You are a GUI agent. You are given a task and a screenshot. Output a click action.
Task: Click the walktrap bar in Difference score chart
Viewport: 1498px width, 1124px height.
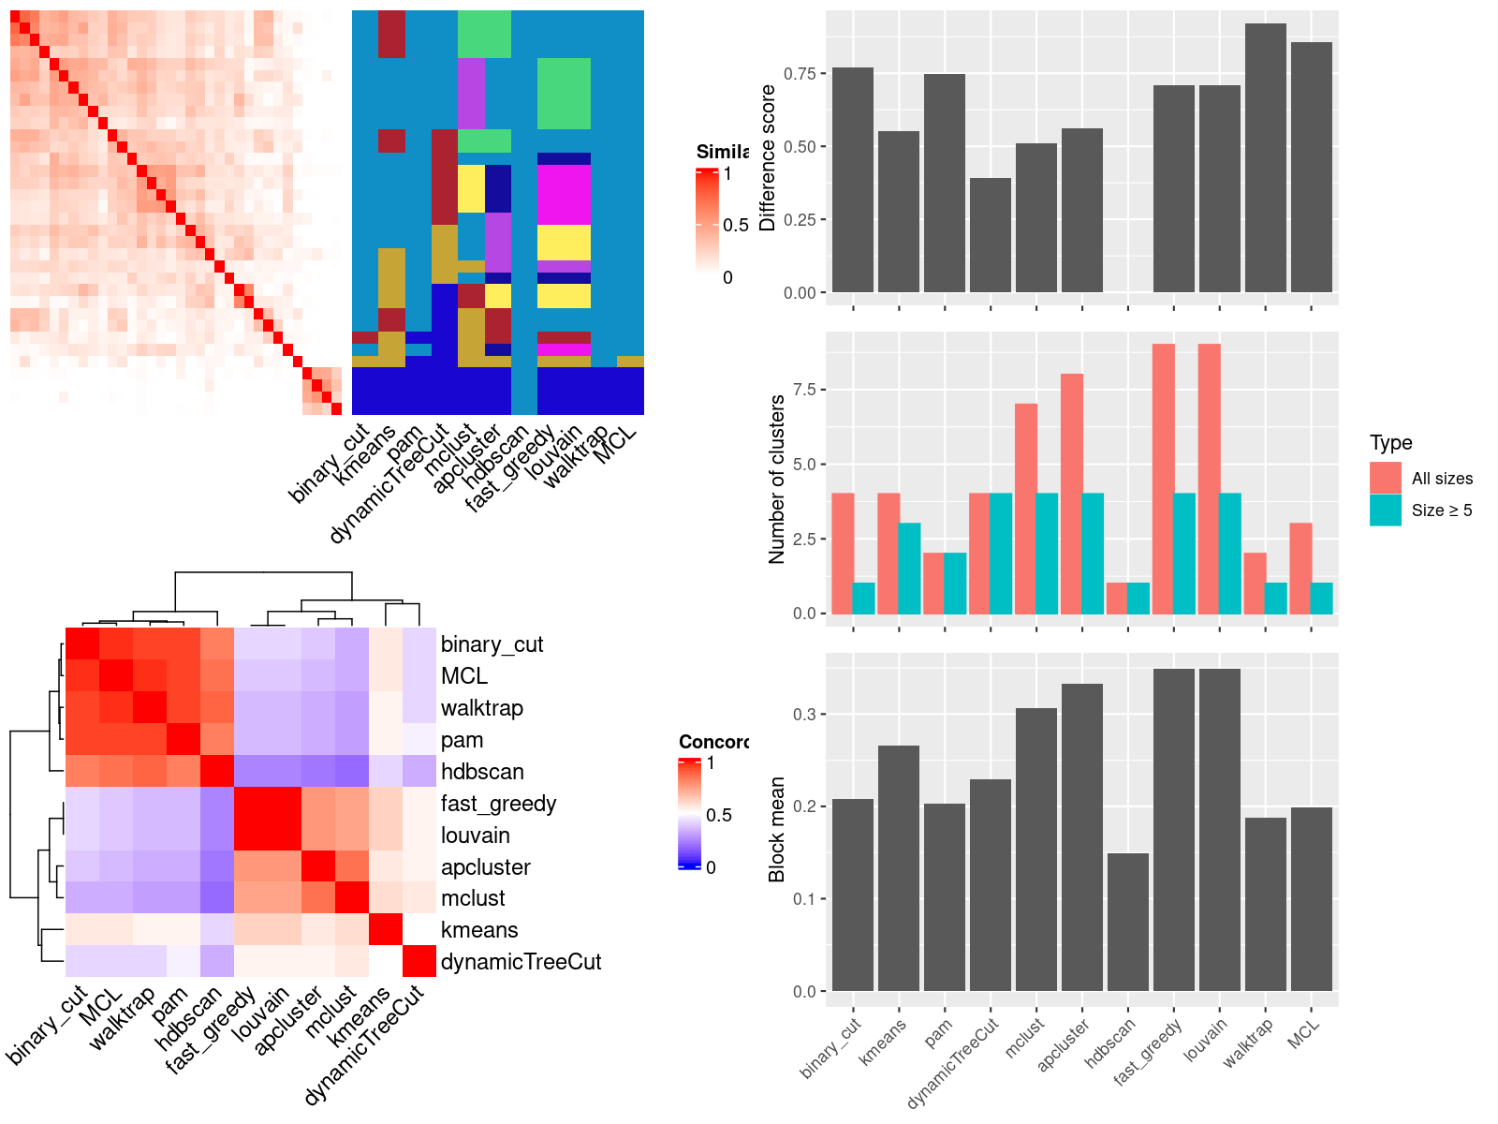pyautogui.click(x=1265, y=158)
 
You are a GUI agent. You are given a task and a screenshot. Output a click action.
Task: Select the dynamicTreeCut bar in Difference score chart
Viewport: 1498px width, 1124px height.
pyautogui.click(x=991, y=235)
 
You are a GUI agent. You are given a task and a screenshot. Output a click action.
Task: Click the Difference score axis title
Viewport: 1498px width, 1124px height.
pyautogui.click(x=768, y=157)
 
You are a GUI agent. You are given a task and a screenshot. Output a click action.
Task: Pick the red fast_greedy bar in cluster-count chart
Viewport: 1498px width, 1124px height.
pyautogui.click(x=1163, y=479)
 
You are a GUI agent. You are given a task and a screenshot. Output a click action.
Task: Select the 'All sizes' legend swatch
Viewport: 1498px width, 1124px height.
pyautogui.click(x=1385, y=478)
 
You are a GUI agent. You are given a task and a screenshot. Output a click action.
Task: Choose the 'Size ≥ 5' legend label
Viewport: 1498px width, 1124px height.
pyautogui.click(x=1441, y=510)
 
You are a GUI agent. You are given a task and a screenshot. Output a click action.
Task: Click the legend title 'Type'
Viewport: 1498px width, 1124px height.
pyautogui.click(x=1390, y=443)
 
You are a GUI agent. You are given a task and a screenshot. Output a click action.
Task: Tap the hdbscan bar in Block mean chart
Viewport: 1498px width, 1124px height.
pyautogui.click(x=1127, y=922)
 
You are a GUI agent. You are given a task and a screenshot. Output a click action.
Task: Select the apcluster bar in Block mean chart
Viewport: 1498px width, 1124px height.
pyautogui.click(x=1081, y=837)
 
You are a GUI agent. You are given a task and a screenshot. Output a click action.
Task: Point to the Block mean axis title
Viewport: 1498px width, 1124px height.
pyautogui.click(x=776, y=829)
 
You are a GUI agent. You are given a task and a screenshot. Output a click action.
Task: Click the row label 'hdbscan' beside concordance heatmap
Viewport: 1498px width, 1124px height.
pyautogui.click(x=482, y=772)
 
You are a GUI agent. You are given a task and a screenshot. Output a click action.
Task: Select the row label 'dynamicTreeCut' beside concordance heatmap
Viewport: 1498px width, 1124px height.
pyautogui.click(x=521, y=962)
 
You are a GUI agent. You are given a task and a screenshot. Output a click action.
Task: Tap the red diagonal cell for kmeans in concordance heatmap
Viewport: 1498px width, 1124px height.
pyautogui.click(x=385, y=930)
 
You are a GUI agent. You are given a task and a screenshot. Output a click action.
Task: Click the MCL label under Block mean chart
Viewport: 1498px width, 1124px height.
pyautogui.click(x=1303, y=1033)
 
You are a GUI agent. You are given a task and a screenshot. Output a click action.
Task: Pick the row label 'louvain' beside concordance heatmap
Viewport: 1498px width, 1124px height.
pyautogui.click(x=475, y=836)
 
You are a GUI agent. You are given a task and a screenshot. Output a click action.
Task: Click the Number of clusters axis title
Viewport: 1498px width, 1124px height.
pyautogui.click(x=776, y=479)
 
